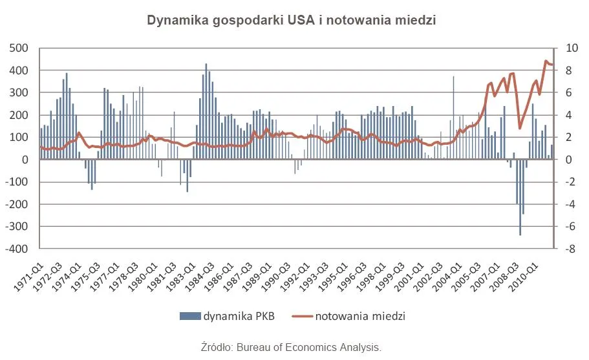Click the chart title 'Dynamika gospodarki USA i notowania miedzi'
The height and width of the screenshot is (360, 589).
click(292, 20)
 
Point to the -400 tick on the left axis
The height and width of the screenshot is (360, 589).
click(18, 249)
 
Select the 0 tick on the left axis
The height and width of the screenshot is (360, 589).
click(26, 160)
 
